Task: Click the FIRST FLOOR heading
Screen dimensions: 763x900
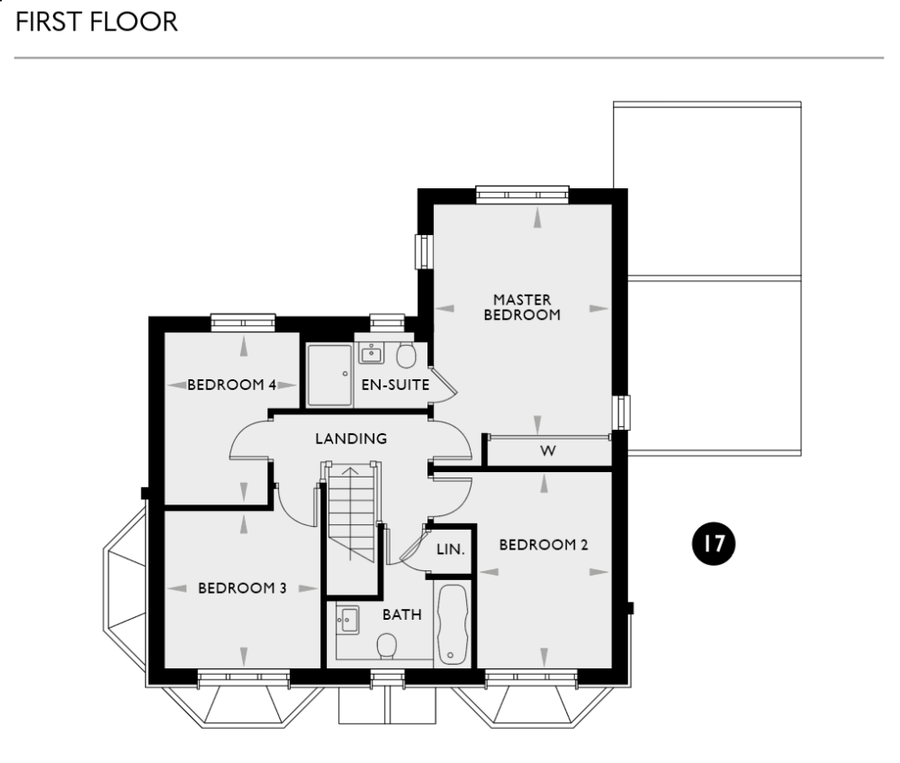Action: coord(96,22)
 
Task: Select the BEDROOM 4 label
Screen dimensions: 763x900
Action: coord(231,385)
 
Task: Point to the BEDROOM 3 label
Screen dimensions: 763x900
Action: coord(242,588)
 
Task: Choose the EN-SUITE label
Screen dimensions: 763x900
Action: coord(395,385)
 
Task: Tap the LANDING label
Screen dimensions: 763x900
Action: coord(351,439)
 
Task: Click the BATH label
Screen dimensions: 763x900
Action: coord(401,614)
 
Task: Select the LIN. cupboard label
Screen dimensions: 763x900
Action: coord(450,549)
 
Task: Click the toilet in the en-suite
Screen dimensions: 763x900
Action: coord(406,355)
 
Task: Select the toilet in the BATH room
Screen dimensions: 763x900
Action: coord(388,645)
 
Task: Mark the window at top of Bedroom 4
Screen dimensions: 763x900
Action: coord(243,321)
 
